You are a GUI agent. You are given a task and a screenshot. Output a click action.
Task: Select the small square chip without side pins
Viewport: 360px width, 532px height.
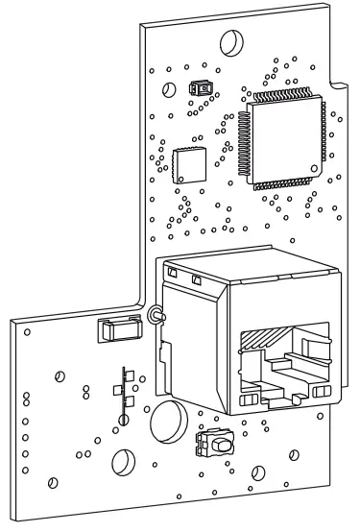[189, 165]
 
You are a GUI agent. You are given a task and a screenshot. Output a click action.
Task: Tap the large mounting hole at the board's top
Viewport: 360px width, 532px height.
[231, 43]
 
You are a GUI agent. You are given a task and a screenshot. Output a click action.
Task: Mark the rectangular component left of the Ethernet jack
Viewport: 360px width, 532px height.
[114, 330]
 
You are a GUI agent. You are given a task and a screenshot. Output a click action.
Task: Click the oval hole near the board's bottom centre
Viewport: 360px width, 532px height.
[124, 462]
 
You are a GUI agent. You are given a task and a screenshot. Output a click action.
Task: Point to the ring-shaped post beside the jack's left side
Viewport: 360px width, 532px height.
[153, 316]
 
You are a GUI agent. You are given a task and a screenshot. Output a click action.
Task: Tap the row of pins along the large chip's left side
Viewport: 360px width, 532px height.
[242, 142]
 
